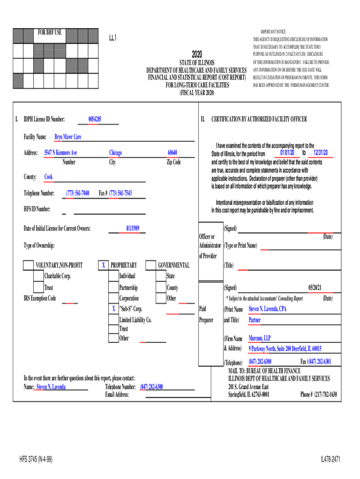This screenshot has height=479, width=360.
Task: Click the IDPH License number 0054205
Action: (x=95, y=119)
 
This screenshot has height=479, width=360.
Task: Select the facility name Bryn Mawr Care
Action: (x=68, y=137)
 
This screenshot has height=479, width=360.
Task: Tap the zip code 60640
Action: (x=173, y=153)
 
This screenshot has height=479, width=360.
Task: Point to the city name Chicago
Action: (x=115, y=153)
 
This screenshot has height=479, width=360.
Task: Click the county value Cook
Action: (x=49, y=177)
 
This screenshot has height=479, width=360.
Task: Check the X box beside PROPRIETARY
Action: (x=103, y=266)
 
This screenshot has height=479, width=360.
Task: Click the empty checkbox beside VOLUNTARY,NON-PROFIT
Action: (x=29, y=266)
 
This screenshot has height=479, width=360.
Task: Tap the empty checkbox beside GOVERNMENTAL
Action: (x=151, y=266)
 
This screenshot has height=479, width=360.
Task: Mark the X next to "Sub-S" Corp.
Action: (x=114, y=309)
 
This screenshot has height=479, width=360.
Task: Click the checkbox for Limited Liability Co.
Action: (x=113, y=320)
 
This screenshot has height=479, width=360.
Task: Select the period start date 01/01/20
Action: (x=287, y=153)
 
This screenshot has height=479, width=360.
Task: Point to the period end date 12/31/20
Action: (x=321, y=153)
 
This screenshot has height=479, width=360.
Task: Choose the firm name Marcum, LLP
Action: (x=259, y=338)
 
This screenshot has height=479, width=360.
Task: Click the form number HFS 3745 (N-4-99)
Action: (x=36, y=460)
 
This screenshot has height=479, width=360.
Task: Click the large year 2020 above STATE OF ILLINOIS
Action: (x=196, y=54)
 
